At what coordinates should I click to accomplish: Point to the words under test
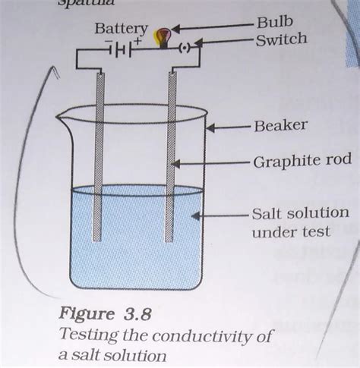291,231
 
